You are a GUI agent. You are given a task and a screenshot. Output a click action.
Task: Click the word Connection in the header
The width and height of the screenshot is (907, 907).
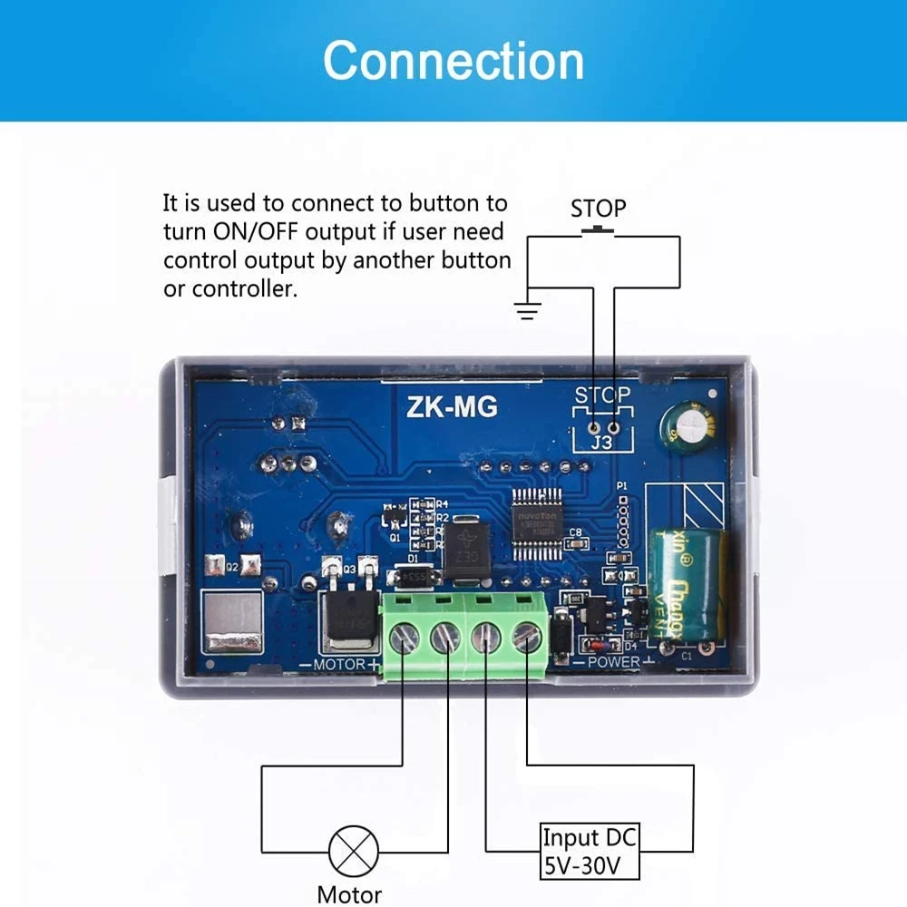(x=453, y=62)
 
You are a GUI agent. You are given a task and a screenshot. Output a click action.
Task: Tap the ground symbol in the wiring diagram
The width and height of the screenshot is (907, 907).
(x=527, y=310)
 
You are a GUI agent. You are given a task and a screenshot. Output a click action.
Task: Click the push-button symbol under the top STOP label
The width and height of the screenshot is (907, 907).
(x=597, y=230)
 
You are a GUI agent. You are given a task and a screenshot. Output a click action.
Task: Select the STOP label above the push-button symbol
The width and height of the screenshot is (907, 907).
(x=598, y=209)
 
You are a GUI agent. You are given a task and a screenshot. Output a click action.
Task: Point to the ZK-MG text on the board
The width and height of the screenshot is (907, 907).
(x=452, y=407)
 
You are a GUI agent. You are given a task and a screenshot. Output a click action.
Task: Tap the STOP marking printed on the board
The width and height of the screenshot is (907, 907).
(x=602, y=395)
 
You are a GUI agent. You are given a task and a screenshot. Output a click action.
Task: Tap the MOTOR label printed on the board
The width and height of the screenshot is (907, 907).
(x=337, y=665)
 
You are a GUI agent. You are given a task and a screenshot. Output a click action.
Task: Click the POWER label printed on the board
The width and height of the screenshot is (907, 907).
(x=613, y=662)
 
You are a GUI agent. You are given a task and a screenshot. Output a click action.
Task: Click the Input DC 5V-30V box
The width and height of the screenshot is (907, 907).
(x=589, y=852)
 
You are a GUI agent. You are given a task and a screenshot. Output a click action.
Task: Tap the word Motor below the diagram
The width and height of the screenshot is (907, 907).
(x=349, y=894)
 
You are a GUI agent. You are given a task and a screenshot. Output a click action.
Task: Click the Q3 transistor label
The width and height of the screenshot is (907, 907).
(x=348, y=569)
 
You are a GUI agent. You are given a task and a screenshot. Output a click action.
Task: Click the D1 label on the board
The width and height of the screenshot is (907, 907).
(x=412, y=559)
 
